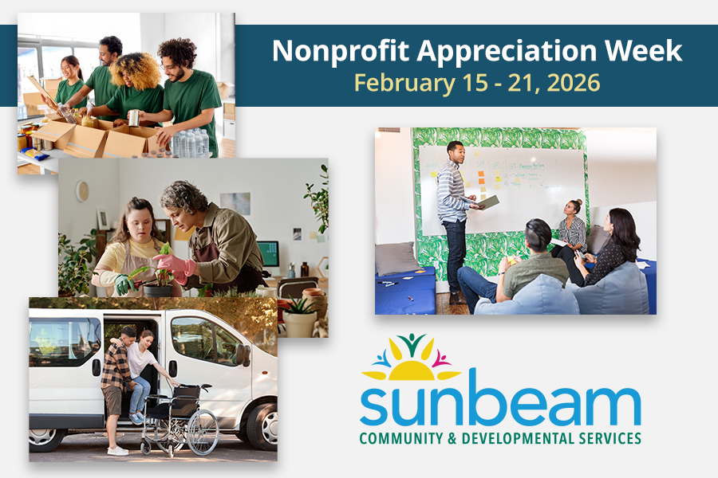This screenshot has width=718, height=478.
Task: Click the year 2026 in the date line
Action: pyautogui.click(x=576, y=81)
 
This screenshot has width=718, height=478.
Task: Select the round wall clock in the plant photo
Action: pyautogui.click(x=82, y=191)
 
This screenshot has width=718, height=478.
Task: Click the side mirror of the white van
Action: pyautogui.click(x=241, y=355)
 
